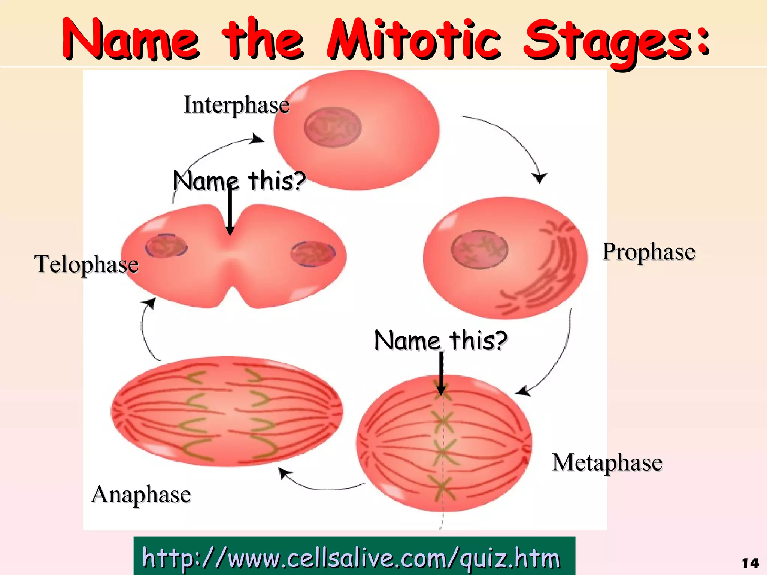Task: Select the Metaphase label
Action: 607,462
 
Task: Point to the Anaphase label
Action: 141,494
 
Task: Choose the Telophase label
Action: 87,264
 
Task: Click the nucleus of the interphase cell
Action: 333,127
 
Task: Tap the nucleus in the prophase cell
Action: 479,249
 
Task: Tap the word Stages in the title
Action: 607,41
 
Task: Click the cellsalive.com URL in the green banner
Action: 351,558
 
